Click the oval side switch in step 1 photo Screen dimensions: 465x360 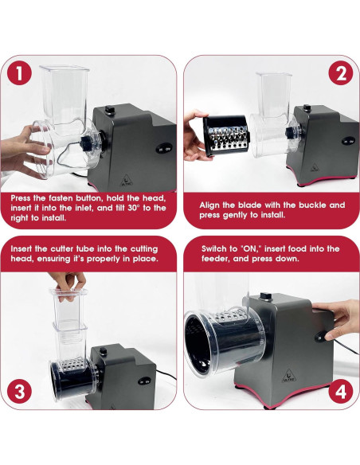[162, 149]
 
